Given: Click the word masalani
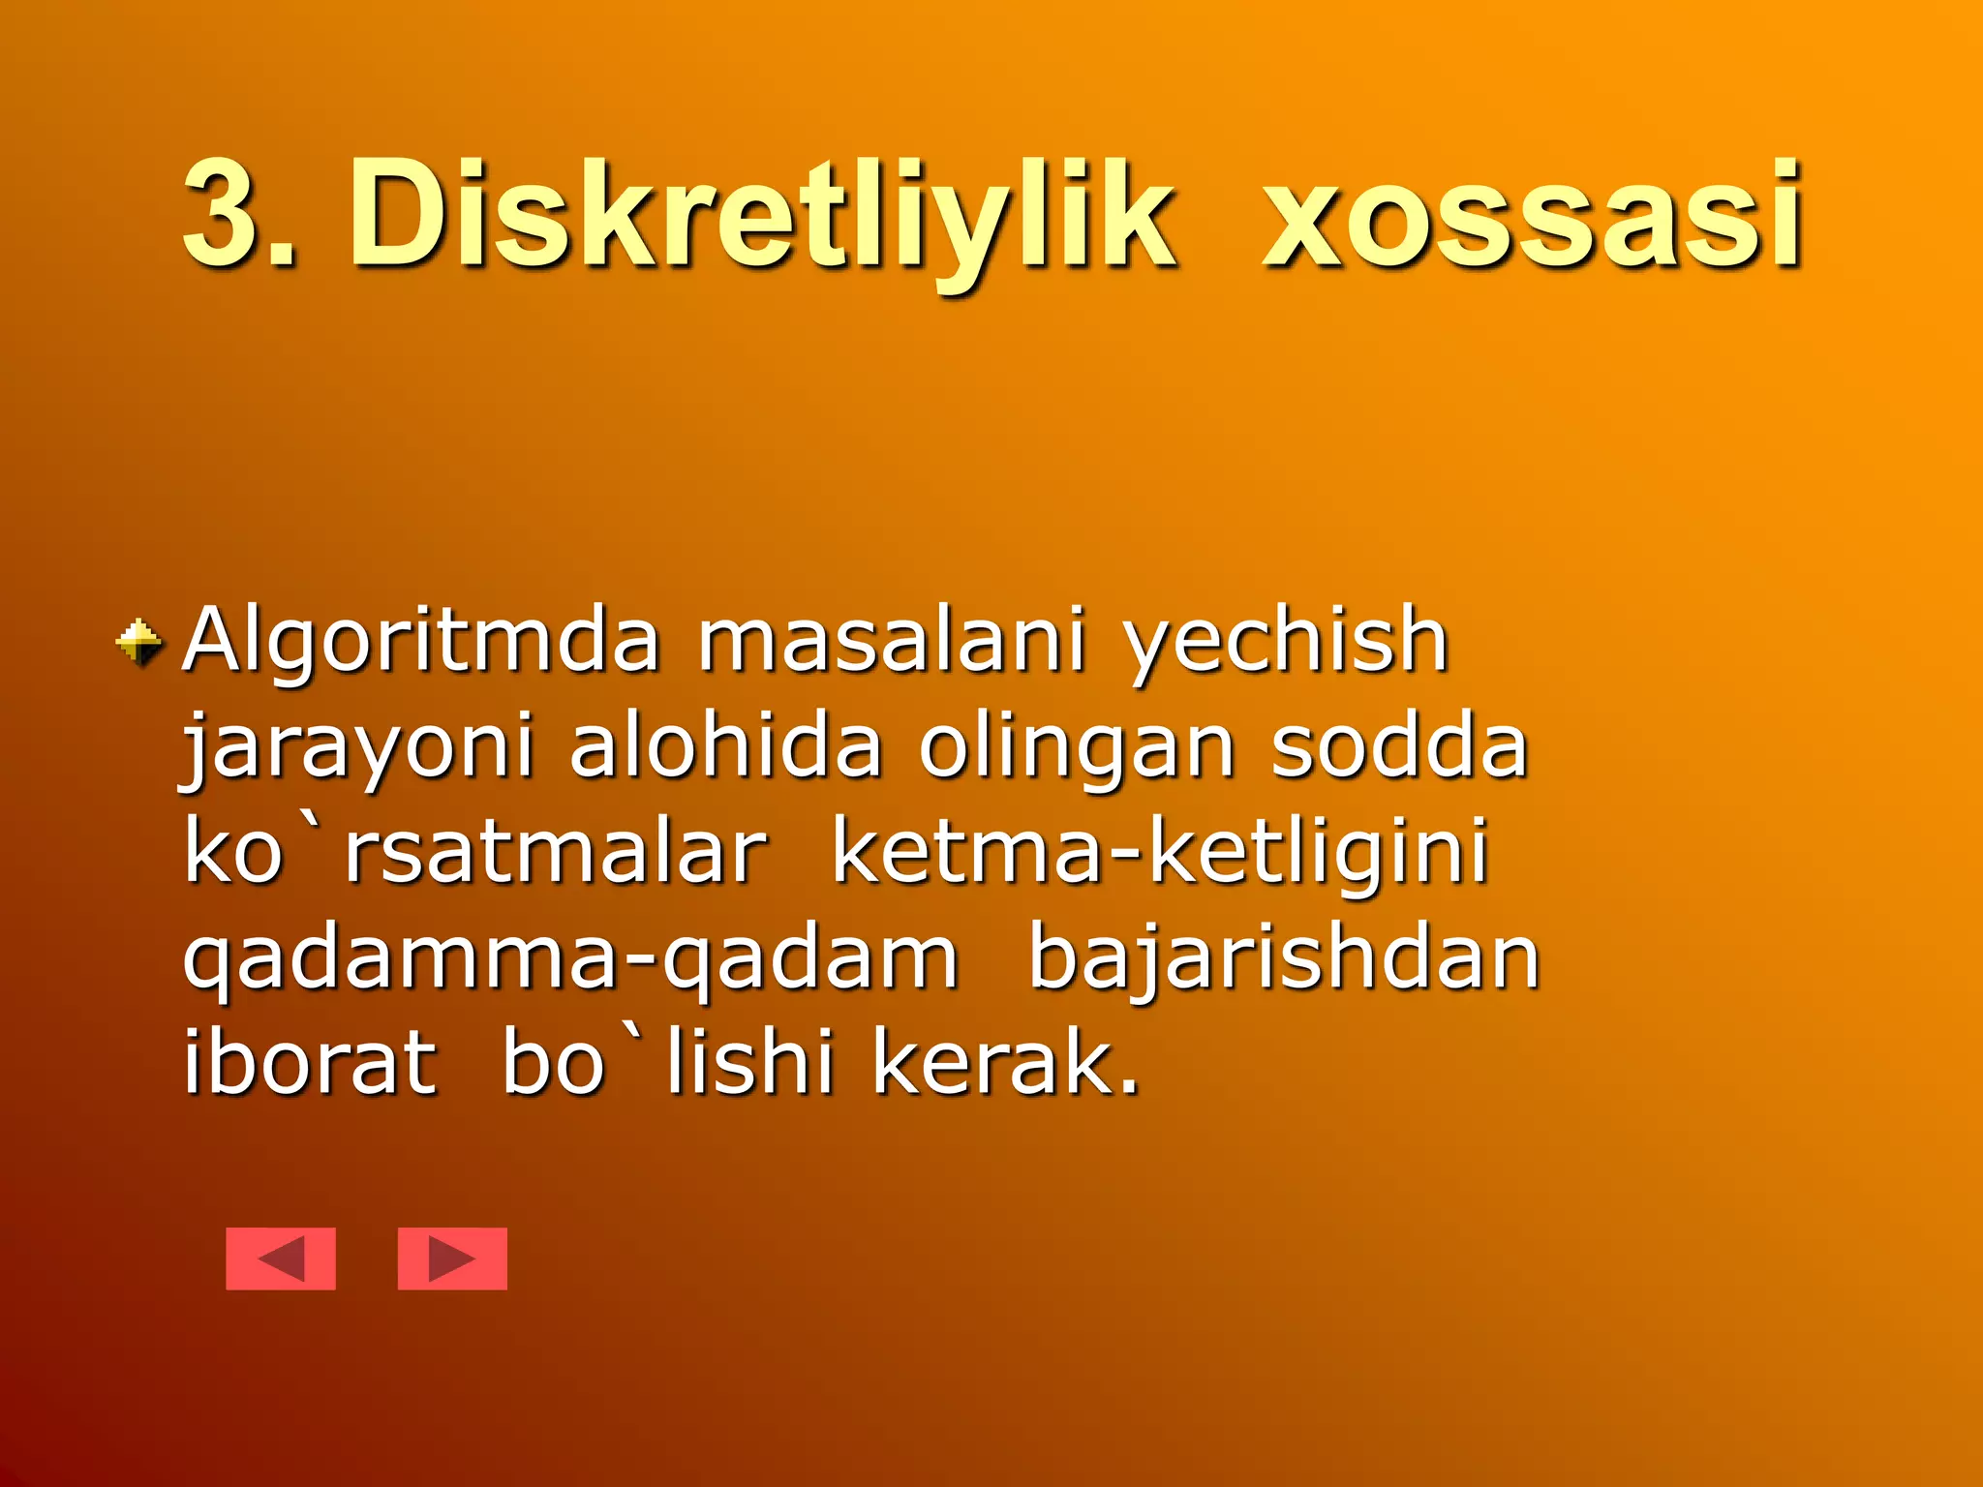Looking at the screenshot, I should [891, 641].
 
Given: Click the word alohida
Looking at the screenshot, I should [726, 747].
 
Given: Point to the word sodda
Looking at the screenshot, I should [1399, 747].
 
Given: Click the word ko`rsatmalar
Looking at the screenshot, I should [474, 854].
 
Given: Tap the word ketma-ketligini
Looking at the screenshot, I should [1160, 854].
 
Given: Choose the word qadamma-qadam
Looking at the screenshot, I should [571, 960].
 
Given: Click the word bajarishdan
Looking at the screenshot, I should [1283, 960].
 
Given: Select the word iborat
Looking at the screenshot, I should [310, 1065].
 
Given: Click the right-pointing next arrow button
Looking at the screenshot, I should [452, 1259].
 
